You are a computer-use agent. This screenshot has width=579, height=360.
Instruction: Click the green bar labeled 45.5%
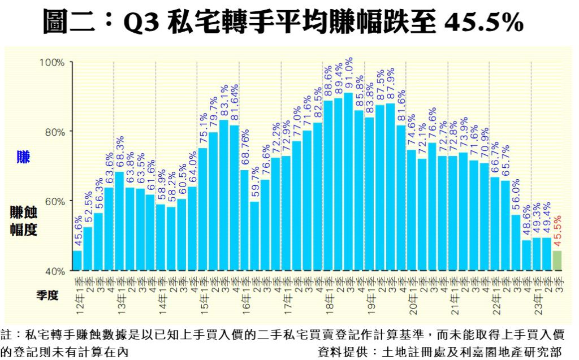557,261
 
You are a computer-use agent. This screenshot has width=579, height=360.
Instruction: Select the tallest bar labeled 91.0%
348,181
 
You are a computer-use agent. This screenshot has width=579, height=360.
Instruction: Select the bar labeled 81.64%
234,198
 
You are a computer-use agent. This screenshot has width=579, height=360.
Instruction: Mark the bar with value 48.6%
526,255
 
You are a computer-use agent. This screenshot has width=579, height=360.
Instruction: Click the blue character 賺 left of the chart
23,158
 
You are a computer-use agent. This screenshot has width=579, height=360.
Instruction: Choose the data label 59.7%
254,184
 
